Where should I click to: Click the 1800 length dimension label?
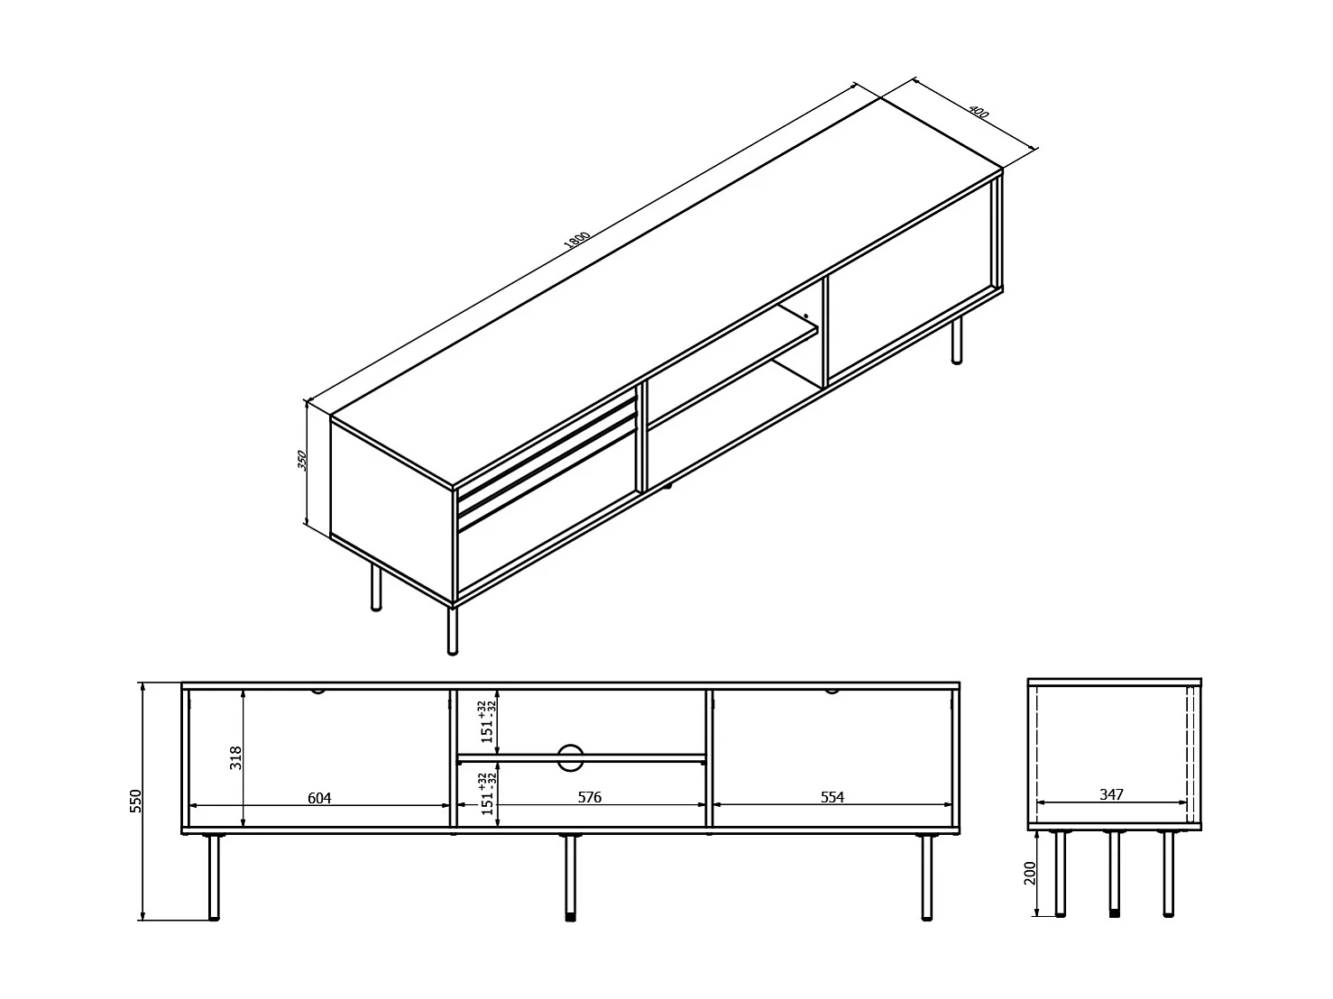pyautogui.click(x=576, y=241)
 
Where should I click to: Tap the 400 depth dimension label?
pyautogui.click(x=979, y=113)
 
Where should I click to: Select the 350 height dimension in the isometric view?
pyautogui.click(x=303, y=461)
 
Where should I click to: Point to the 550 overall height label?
pyautogui.click(x=136, y=801)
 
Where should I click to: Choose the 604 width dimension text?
pyautogui.click(x=319, y=797)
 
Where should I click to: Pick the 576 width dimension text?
pyautogui.click(x=589, y=797)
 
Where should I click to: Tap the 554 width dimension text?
pyautogui.click(x=832, y=797)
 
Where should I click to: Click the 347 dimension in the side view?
pyautogui.click(x=1111, y=794)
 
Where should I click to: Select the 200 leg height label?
pyautogui.click(x=1032, y=873)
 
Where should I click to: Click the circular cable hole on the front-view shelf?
pyautogui.click(x=570, y=757)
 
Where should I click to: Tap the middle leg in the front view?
pyautogui.click(x=570, y=876)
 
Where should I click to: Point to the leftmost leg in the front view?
pyautogui.click(x=214, y=876)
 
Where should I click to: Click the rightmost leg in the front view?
pyautogui.click(x=926, y=876)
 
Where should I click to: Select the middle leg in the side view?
pyautogui.click(x=1115, y=873)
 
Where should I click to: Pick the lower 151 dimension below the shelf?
pyautogui.click(x=487, y=793)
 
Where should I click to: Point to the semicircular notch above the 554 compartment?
pyautogui.click(x=831, y=692)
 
